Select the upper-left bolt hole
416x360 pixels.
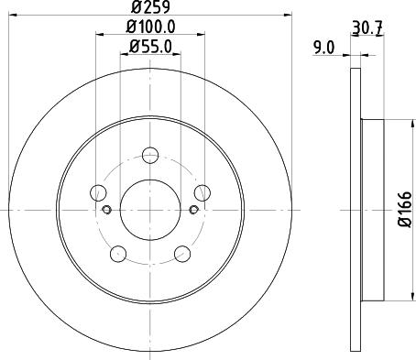pyautogui.click(x=98, y=192)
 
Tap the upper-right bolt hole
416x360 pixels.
pyautogui.click(x=203, y=192)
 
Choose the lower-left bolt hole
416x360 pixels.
pyautogui.click(x=117, y=254)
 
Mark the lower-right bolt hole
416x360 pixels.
pyautogui.click(x=183, y=254)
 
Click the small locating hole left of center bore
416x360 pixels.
pyautogui.click(x=107, y=210)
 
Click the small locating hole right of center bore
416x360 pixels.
pyautogui.click(x=193, y=210)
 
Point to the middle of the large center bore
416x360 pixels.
pyautogui.click(x=150, y=210)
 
